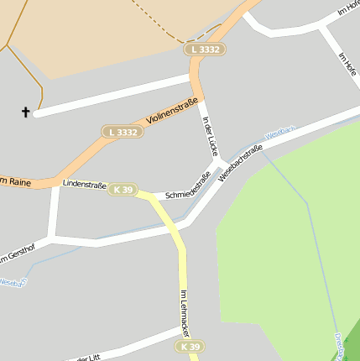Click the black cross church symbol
pyautogui.click(x=26, y=111)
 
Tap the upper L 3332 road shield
pyautogui.click(x=206, y=50)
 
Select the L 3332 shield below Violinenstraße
pyautogui.click(x=123, y=132)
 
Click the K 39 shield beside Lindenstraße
pyautogui.click(x=122, y=190)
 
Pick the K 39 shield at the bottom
pyautogui.click(x=190, y=346)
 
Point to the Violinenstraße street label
pyautogui.click(x=172, y=112)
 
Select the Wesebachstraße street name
pyautogui.click(x=240, y=164)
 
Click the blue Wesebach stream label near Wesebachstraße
pyautogui.click(x=280, y=133)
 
